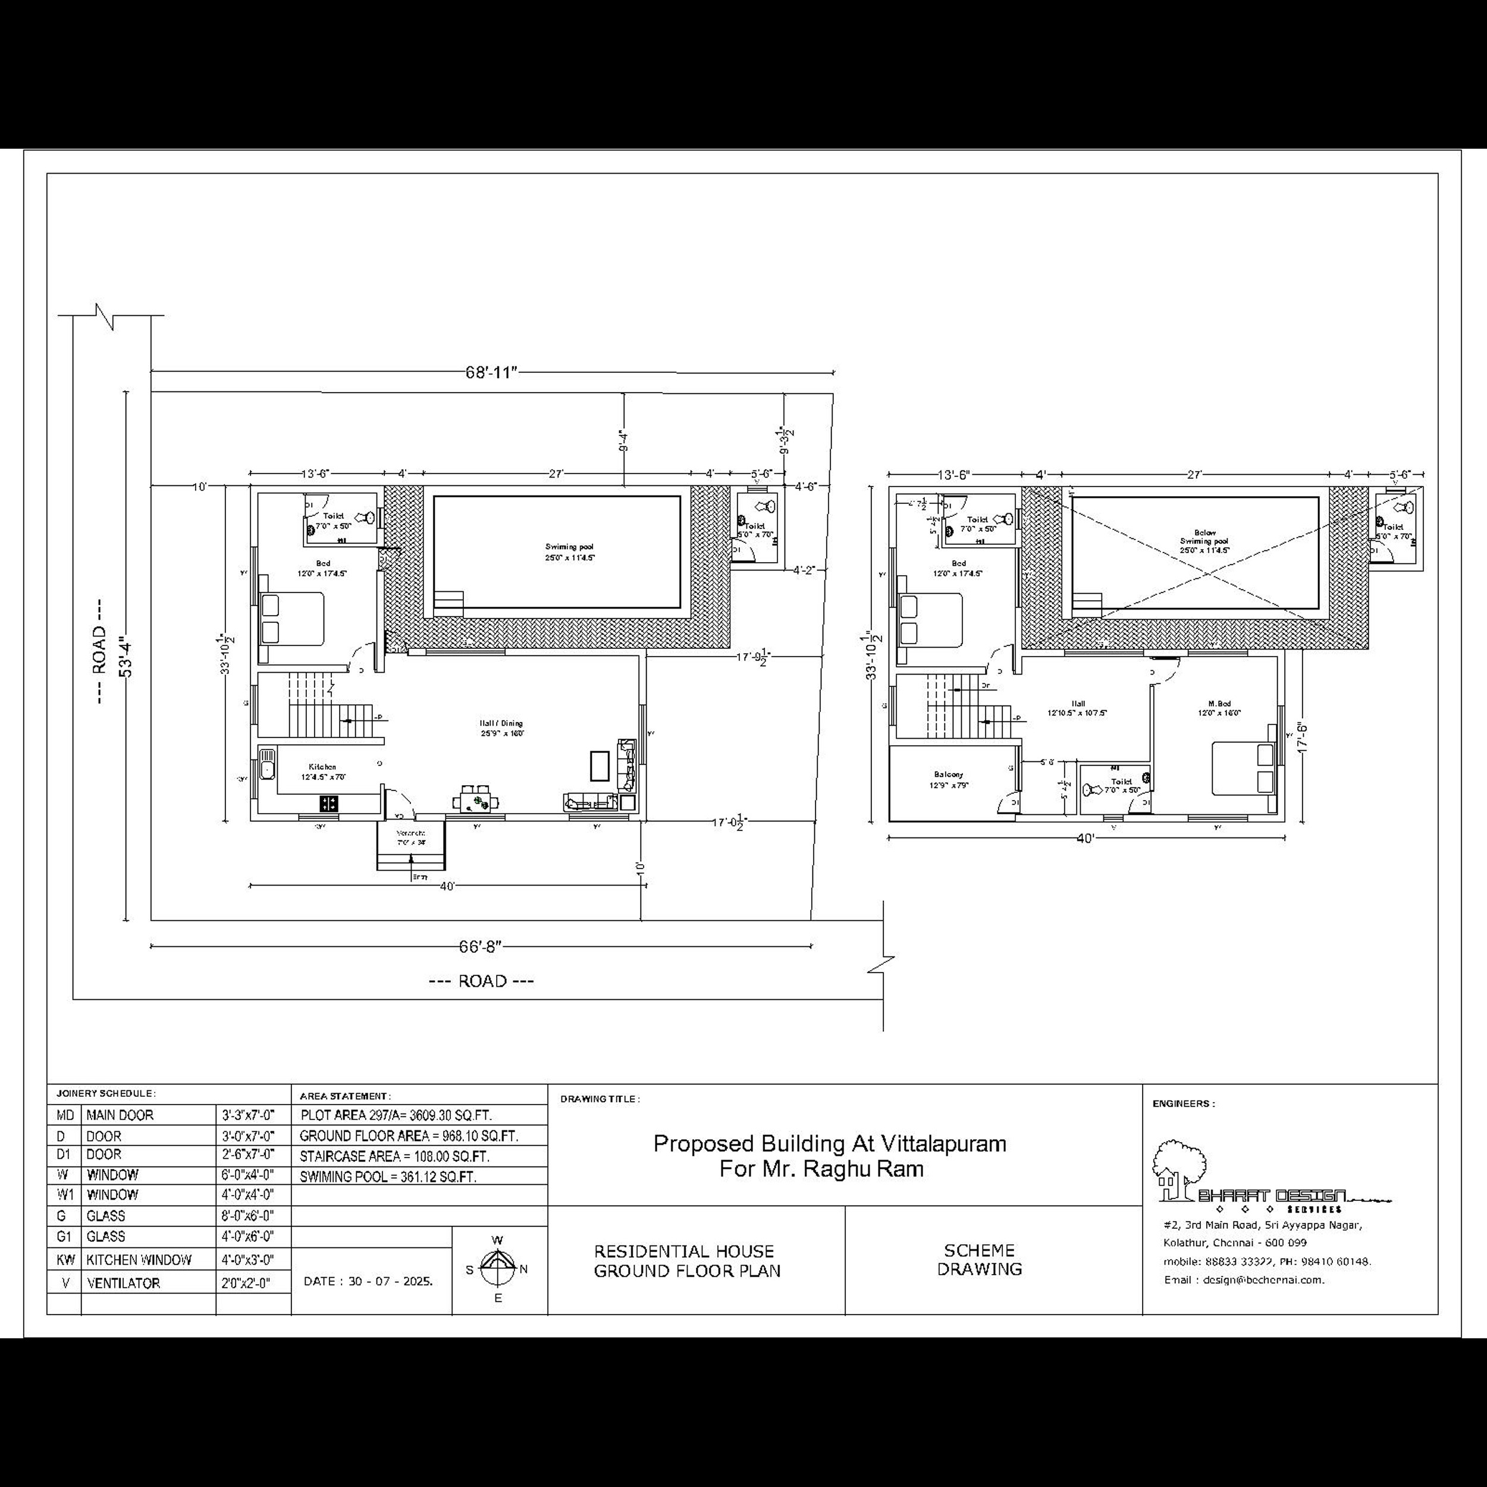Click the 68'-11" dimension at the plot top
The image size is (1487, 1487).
pyautogui.click(x=491, y=372)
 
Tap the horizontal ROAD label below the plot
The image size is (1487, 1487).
pyautogui.click(x=481, y=981)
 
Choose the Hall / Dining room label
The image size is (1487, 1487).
pyautogui.click(x=501, y=728)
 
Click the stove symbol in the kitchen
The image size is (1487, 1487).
pyautogui.click(x=329, y=804)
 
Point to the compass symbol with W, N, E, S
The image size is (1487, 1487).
pyautogui.click(x=498, y=1269)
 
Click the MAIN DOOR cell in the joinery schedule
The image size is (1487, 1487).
pyautogui.click(x=120, y=1115)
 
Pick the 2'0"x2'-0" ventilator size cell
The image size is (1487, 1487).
pyautogui.click(x=248, y=1283)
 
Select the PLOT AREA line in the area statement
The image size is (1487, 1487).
pyautogui.click(x=396, y=1115)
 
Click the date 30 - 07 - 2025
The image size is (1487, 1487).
pyautogui.click(x=369, y=1282)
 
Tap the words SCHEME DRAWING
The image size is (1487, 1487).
pyautogui.click(x=979, y=1260)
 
